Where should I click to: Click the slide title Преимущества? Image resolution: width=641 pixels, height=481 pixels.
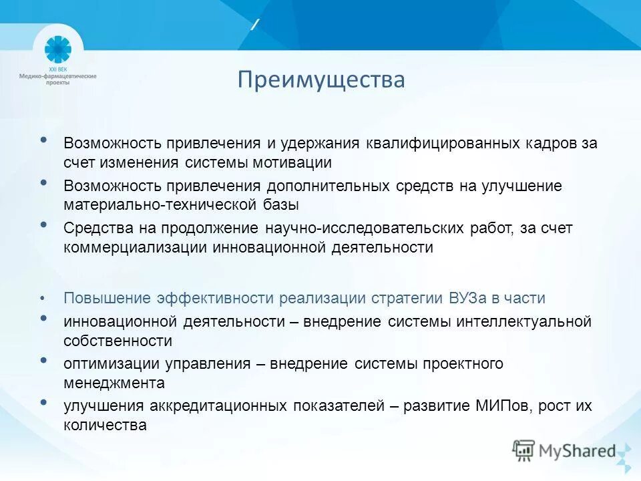click(321, 80)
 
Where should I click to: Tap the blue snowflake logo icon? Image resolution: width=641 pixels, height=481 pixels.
click(57, 50)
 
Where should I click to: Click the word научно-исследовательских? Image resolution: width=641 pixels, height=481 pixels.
click(365, 228)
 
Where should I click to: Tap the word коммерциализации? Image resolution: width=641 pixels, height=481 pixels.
click(136, 247)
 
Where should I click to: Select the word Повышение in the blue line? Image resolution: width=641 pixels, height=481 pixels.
click(108, 298)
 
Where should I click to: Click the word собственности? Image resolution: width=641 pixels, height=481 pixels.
click(118, 341)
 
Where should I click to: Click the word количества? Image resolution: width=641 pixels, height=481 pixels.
click(105, 425)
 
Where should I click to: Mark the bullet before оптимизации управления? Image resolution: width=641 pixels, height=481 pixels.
click(43, 360)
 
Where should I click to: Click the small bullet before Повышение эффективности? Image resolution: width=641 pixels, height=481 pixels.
click(43, 298)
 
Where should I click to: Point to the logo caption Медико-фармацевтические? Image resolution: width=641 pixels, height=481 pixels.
click(57, 76)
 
